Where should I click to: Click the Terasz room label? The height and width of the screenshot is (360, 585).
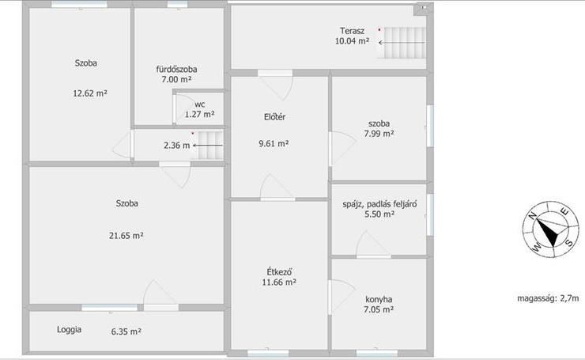coord(352,31)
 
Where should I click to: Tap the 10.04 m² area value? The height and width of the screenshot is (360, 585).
coord(352,41)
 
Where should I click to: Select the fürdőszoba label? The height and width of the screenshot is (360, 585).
coord(176,70)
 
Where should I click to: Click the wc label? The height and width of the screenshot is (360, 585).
coord(199,104)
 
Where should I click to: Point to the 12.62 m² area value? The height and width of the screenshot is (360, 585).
coord(90,93)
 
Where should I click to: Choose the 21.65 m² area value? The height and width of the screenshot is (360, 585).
coord(126,236)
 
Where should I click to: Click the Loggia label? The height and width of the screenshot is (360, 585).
coord(69,330)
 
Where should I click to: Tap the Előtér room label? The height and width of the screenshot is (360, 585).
coord(274,117)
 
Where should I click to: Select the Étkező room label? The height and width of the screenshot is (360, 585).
coord(279,271)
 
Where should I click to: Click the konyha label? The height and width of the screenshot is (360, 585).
coord(379,299)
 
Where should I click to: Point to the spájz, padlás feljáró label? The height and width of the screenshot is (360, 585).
coord(379,204)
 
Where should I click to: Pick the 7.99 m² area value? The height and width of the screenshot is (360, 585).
coord(379,134)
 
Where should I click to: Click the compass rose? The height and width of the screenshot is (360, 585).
coord(551,229)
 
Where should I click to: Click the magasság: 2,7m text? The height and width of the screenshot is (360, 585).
coord(548,298)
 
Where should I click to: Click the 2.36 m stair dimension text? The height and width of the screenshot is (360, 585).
coord(176,146)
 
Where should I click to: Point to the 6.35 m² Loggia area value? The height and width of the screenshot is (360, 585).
coord(126,332)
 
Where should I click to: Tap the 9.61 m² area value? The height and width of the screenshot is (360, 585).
coord(274,143)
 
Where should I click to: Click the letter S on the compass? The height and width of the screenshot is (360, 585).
coord(569,243)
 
